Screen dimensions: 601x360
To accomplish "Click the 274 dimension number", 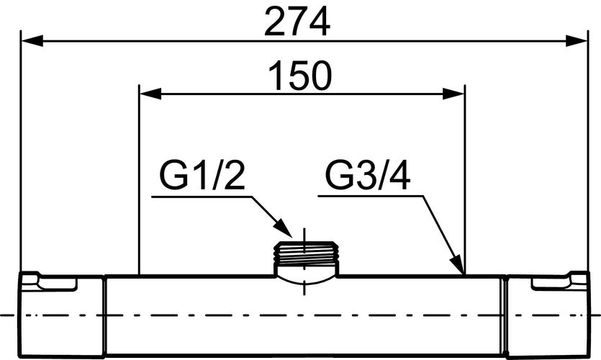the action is (297, 22).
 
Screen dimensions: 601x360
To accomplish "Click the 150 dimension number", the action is (299, 76).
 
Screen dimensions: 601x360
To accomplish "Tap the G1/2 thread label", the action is (202, 176).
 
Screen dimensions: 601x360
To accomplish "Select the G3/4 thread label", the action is (368, 176).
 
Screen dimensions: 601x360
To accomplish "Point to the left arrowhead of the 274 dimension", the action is (32, 40).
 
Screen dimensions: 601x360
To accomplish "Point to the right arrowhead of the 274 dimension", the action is (577, 40).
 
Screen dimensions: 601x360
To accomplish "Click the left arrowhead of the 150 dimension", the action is (150, 94).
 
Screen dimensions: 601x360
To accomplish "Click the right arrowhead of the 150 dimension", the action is (453, 94).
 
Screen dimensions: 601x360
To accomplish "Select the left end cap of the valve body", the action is (61, 315).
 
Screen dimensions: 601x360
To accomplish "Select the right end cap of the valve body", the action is (546, 315).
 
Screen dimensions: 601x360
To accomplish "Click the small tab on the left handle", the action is (57, 284).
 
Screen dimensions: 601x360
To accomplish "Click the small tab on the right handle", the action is (551, 284).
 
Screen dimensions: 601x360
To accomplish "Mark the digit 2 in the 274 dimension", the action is (274, 22).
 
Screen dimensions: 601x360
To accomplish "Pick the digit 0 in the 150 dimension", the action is (320, 76).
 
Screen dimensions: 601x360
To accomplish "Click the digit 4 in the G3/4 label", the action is (400, 176).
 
